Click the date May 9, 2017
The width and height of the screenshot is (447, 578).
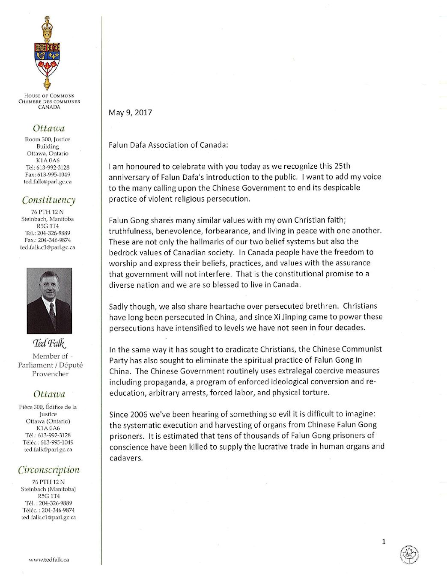tap(130, 113)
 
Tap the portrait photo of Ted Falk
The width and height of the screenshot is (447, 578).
tap(49, 301)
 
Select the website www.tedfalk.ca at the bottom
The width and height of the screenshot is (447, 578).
tap(49, 560)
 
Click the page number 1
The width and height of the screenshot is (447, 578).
tap(384, 542)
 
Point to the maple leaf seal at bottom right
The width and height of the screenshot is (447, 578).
tap(409, 555)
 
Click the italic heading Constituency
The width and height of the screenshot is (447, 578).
tap(49, 200)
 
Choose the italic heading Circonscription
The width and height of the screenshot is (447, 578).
tap(49, 470)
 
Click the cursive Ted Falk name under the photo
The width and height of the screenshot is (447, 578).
tap(49, 343)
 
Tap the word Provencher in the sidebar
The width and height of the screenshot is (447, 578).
tap(50, 374)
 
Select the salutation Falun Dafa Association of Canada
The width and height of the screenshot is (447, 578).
tap(168, 145)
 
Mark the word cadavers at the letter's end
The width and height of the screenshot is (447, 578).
tap(125, 458)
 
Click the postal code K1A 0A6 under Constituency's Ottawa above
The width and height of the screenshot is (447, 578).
tap(48, 161)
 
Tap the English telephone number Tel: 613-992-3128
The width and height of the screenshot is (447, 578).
tap(48, 167)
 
